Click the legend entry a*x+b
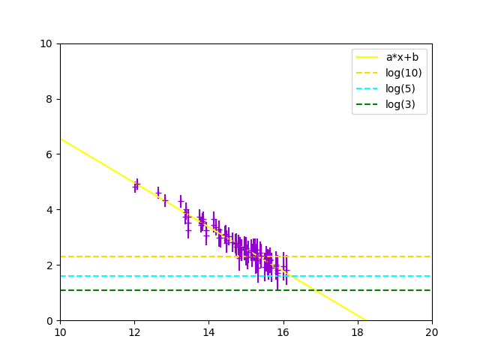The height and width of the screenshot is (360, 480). (401, 57)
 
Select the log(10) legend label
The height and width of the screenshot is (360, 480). (403, 73)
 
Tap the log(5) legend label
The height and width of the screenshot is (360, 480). (400, 88)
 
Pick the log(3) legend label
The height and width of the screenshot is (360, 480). (400, 104)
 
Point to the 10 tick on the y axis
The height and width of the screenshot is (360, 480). (46, 43)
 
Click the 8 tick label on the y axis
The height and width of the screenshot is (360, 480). (49, 99)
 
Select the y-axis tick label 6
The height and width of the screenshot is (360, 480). (49, 154)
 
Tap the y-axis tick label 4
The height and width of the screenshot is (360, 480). (49, 210)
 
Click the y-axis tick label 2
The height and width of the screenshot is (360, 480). (49, 265)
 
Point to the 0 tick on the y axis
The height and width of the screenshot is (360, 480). (49, 321)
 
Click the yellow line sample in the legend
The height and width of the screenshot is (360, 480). (368, 57)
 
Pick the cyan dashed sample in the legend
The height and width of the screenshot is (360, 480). (368, 88)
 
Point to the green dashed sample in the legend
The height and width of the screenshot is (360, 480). (368, 104)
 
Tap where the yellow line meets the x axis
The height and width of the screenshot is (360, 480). (365, 320)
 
